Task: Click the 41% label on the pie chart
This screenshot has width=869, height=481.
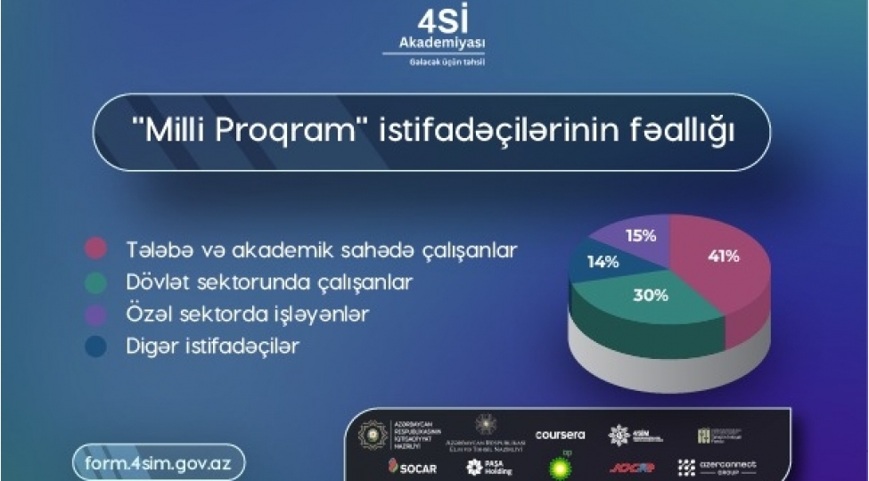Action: pyautogui.click(x=724, y=257)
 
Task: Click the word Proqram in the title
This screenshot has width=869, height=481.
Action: pyautogui.click(x=296, y=134)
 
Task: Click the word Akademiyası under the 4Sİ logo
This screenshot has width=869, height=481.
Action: pyautogui.click(x=434, y=43)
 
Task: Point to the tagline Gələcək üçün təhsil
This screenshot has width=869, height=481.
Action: pyautogui.click(x=434, y=61)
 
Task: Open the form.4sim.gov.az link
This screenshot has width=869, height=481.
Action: pyautogui.click(x=157, y=462)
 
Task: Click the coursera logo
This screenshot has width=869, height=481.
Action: pyautogui.click(x=560, y=435)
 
